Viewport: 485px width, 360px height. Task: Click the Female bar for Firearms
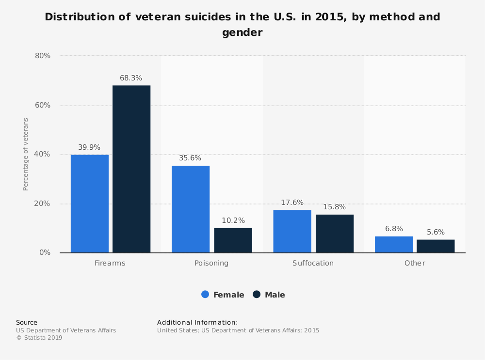point(90,203)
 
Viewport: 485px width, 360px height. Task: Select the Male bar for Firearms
point(131,169)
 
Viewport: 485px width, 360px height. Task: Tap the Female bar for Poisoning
point(191,209)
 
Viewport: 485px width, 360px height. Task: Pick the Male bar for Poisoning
point(233,240)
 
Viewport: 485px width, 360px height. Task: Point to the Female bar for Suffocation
point(292,231)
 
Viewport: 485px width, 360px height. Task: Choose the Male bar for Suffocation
point(335,234)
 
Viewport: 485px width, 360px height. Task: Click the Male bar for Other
point(436,246)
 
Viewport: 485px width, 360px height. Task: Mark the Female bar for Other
point(394,245)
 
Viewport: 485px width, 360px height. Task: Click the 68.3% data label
point(131,78)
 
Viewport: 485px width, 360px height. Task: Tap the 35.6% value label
point(190,158)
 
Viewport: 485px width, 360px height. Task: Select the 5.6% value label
point(436,232)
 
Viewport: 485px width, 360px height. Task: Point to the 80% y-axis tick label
point(43,56)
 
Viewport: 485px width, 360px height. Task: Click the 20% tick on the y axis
point(43,203)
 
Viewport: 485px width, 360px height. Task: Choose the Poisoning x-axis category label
point(211,263)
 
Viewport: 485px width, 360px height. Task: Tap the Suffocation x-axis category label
point(313,263)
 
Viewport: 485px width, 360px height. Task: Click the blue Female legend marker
point(205,295)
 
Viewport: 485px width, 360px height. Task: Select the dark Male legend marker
point(257,295)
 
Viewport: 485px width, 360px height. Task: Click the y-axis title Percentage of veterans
point(26,154)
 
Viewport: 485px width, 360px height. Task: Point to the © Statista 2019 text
point(39,338)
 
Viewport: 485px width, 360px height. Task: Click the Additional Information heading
point(197,322)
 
